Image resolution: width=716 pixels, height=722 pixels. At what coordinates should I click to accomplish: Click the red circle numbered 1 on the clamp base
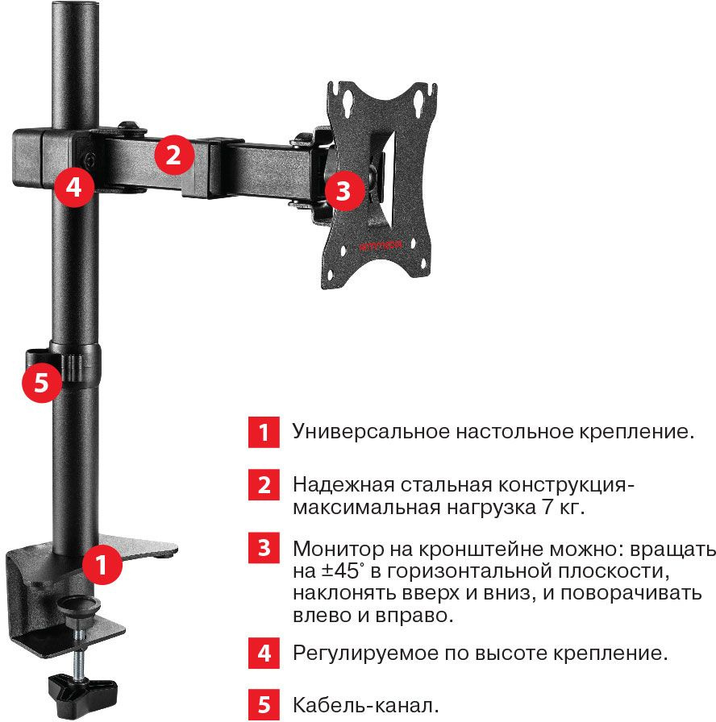pyautogui.click(x=102, y=565)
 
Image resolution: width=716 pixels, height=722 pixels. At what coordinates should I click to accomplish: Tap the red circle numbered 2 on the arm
pyautogui.click(x=173, y=156)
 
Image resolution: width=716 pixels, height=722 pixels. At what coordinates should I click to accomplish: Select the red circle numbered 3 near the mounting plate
pyautogui.click(x=344, y=191)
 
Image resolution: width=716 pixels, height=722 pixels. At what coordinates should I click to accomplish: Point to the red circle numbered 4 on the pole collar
pyautogui.click(x=74, y=188)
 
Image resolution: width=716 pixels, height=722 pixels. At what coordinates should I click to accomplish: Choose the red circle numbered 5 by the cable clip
pyautogui.click(x=42, y=382)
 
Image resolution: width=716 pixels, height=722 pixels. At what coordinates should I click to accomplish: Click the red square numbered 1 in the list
pyautogui.click(x=264, y=432)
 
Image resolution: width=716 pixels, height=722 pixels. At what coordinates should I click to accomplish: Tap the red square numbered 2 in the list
pyautogui.click(x=264, y=484)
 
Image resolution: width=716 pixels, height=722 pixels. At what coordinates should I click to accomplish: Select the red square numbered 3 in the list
pyautogui.click(x=264, y=548)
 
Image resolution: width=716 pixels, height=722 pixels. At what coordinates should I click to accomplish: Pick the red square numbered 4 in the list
pyautogui.click(x=264, y=653)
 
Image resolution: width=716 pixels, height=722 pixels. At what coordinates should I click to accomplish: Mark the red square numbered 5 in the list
pyautogui.click(x=264, y=704)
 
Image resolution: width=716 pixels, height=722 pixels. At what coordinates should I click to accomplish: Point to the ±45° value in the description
pyautogui.click(x=340, y=571)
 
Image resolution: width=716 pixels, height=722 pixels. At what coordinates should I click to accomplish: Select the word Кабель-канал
pyautogui.click(x=366, y=705)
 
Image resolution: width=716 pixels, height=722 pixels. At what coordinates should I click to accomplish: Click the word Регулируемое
pyautogui.click(x=365, y=654)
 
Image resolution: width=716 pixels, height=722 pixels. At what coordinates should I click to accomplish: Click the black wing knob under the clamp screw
pyautogui.click(x=82, y=687)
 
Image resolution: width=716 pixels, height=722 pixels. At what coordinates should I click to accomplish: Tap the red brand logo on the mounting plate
pyautogui.click(x=381, y=246)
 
